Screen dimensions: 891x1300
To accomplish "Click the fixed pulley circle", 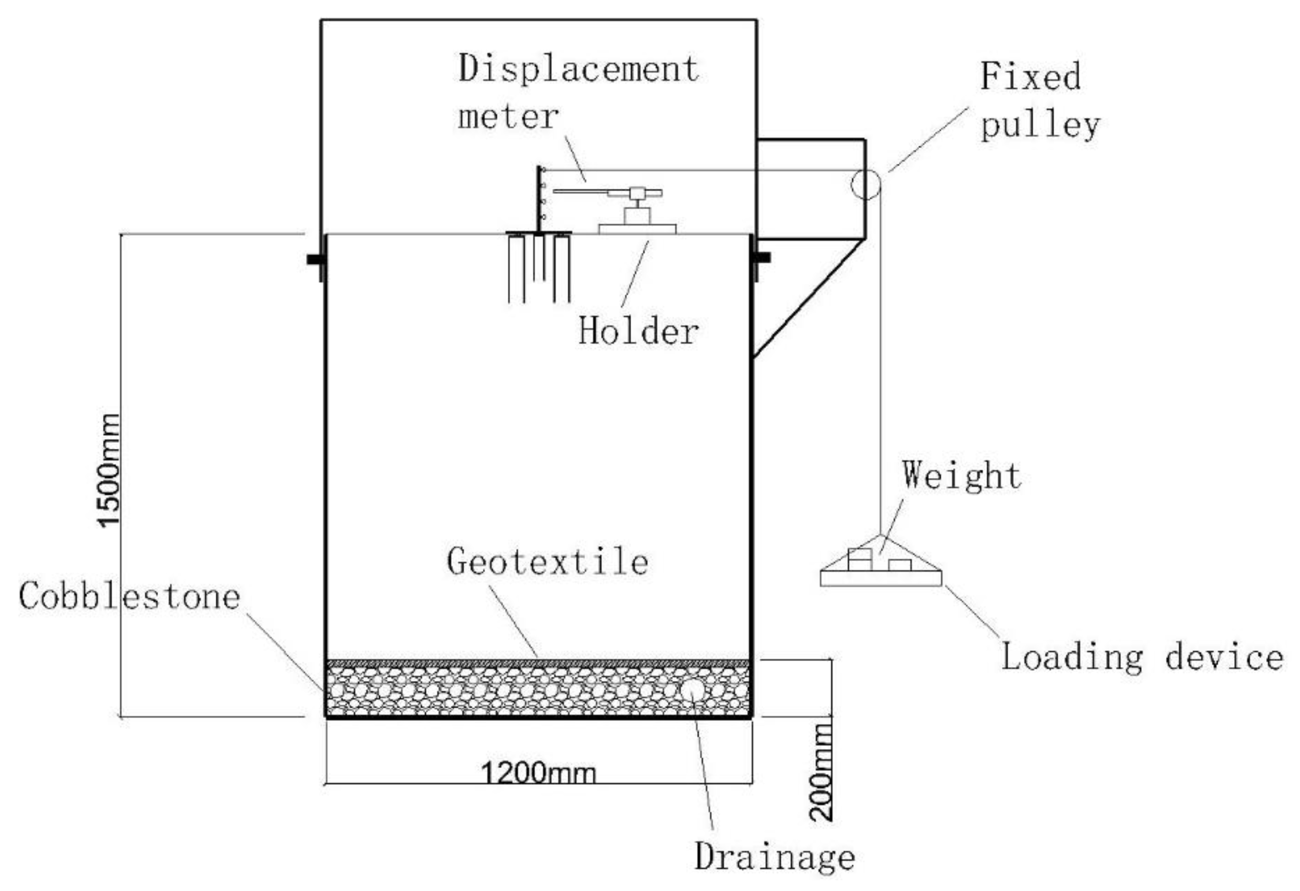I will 865,184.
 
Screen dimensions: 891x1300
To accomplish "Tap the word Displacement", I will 579,69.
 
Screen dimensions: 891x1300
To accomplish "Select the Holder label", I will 638,331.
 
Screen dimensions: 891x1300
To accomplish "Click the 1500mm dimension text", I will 109,470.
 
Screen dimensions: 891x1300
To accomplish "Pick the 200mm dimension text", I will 821,772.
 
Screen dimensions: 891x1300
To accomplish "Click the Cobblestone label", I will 130,596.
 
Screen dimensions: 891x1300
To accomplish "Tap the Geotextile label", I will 548,562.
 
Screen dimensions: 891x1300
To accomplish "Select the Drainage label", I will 775,857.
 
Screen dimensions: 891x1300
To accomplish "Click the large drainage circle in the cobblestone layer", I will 692,690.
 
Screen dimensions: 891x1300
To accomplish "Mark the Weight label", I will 961,476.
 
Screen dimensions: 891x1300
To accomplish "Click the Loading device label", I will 1141,657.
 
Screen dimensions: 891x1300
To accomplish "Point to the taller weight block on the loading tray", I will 860,559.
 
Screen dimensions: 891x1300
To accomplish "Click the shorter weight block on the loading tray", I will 899,565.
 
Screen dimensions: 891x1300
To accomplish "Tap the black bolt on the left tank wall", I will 316,259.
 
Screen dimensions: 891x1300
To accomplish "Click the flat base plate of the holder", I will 637,228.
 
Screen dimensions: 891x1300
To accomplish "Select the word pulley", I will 1040,125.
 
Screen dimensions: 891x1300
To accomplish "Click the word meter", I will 508,117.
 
